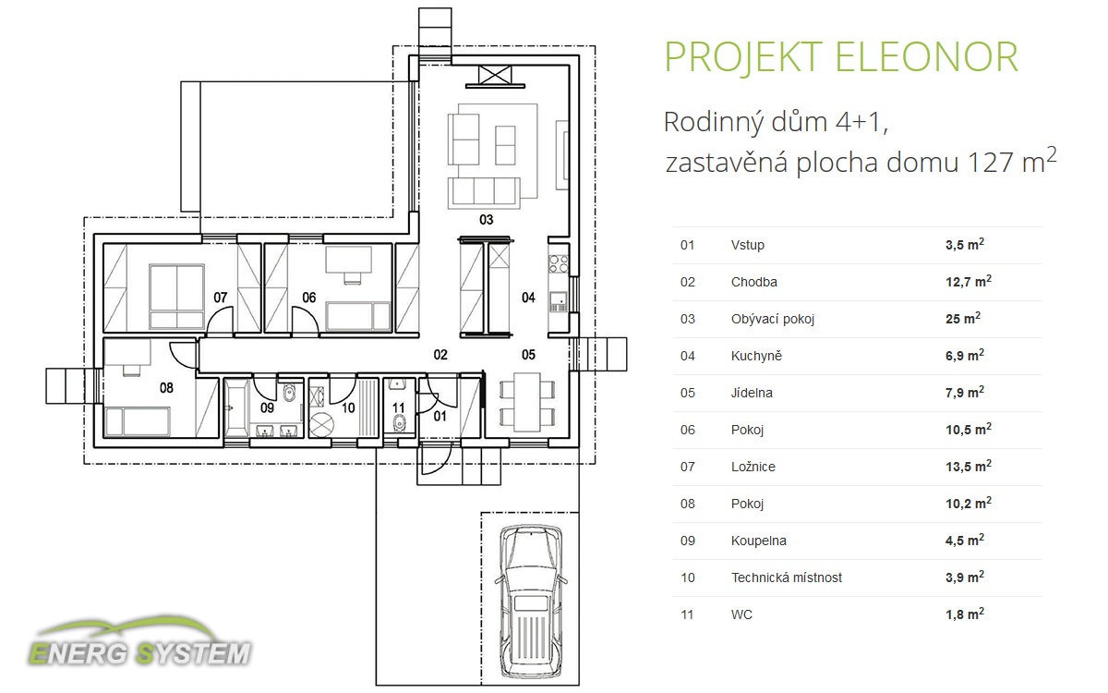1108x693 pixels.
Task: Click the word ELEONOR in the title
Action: tap(926, 57)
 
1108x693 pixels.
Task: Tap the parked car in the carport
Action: tap(531, 602)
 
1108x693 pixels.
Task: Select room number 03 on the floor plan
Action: tap(487, 220)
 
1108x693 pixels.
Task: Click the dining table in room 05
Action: tap(527, 402)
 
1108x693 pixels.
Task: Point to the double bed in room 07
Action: tap(177, 297)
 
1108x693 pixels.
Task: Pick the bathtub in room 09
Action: tap(236, 408)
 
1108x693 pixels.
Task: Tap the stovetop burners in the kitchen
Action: tap(559, 264)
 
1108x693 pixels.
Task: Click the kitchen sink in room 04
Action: tap(559, 301)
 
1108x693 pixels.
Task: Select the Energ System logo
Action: tap(140, 642)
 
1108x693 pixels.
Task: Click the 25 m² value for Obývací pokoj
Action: tap(962, 318)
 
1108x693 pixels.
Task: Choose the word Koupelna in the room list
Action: tap(758, 541)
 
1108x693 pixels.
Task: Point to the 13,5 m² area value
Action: tap(968, 466)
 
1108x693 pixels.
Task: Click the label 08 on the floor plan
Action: tap(166, 388)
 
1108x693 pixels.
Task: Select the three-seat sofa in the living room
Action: tap(484, 192)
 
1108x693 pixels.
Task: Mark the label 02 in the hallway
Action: tap(440, 355)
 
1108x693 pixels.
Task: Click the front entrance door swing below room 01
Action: tap(436, 459)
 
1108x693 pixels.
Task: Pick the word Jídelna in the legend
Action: tap(752, 393)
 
